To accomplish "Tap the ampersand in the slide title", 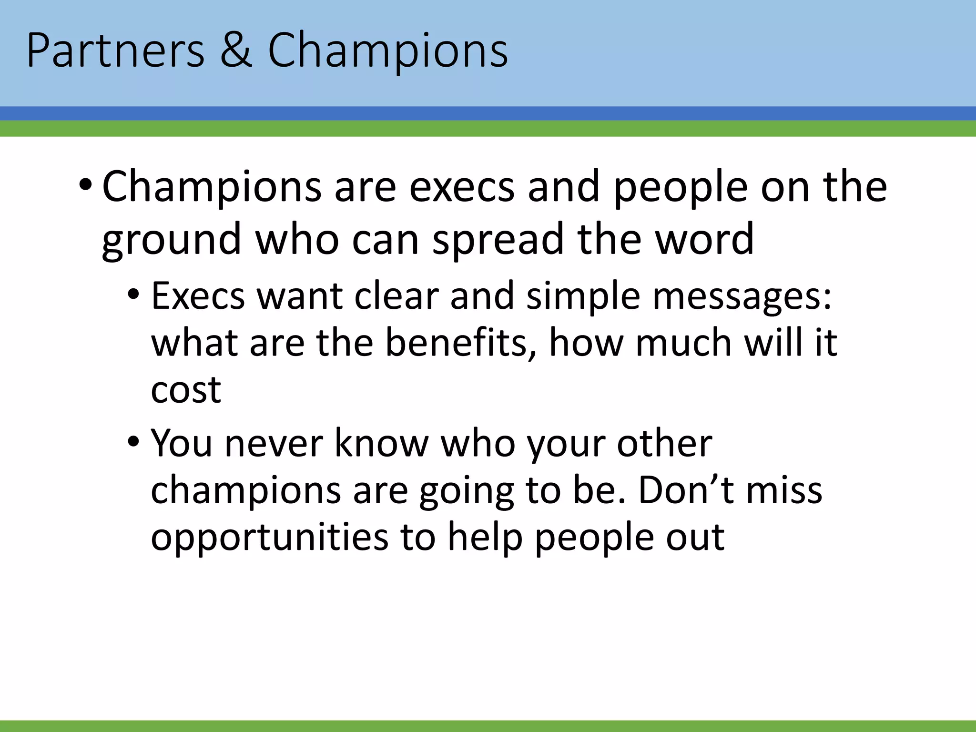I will [x=236, y=51].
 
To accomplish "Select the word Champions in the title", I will [x=387, y=51].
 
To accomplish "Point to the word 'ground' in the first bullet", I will [x=171, y=240].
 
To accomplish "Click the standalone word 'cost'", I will [x=186, y=389].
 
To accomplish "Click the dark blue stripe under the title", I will [x=488, y=113].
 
